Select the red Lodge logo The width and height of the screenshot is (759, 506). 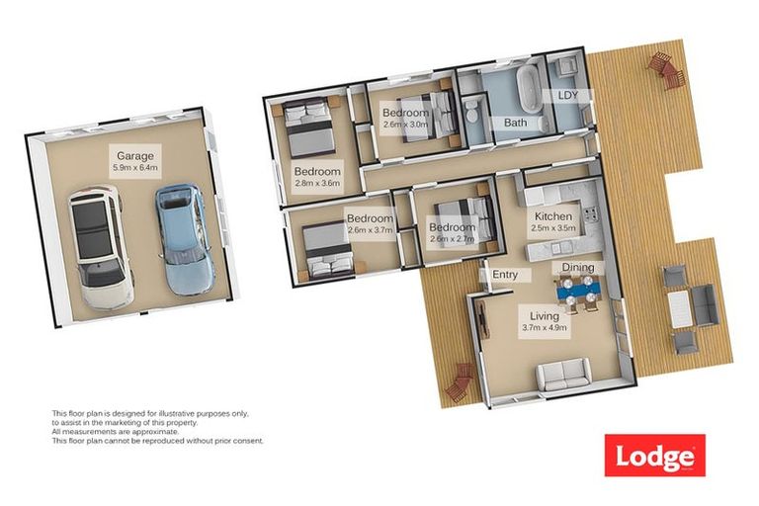pyautogui.click(x=654, y=456)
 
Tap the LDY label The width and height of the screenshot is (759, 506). pyautogui.click(x=568, y=95)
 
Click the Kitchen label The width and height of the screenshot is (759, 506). pyautogui.click(x=553, y=216)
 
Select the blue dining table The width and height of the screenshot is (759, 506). pyautogui.click(x=577, y=290)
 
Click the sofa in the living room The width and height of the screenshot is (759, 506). pyautogui.click(x=560, y=377)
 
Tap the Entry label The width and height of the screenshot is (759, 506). pyautogui.click(x=504, y=275)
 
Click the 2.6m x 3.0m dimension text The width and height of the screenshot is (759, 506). pyautogui.click(x=405, y=125)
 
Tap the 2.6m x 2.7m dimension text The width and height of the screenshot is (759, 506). pyautogui.click(x=453, y=238)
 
